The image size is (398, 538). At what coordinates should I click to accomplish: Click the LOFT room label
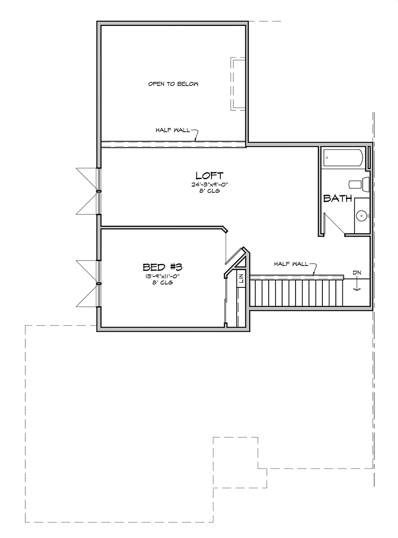point(209,176)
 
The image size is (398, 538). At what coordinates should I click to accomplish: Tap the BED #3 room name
point(162,267)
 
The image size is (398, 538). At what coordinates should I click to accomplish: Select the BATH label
point(338,198)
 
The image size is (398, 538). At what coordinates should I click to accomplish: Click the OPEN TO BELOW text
point(173,84)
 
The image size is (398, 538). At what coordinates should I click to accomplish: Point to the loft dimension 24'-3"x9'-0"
point(209,184)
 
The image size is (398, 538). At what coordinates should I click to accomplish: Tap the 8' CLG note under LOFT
point(209,191)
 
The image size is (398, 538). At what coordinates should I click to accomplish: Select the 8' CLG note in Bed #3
point(162,283)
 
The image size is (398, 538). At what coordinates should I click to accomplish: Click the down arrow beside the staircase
point(357,285)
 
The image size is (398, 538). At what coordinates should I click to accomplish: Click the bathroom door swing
point(334,225)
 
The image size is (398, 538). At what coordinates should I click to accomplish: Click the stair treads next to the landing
point(297,293)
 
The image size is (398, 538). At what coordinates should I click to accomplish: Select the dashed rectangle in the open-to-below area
point(237,84)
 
